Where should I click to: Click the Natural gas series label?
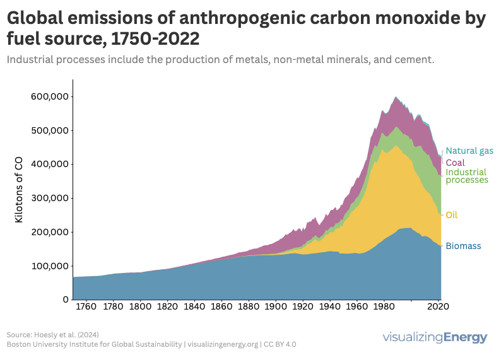point(469,151)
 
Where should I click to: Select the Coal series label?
point(455,163)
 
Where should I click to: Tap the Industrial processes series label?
point(467,176)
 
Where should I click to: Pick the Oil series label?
point(451,215)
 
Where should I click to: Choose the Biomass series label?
point(463,246)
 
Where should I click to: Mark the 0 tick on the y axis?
point(65,299)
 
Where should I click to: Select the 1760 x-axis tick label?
point(86,308)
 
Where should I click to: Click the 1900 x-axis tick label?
point(275,308)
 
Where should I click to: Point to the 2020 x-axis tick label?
point(437,308)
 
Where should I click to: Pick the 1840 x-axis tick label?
point(194,308)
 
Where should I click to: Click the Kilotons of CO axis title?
point(19,190)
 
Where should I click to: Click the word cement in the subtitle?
point(413,61)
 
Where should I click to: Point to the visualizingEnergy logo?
point(435,337)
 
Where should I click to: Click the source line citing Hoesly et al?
point(53,334)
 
